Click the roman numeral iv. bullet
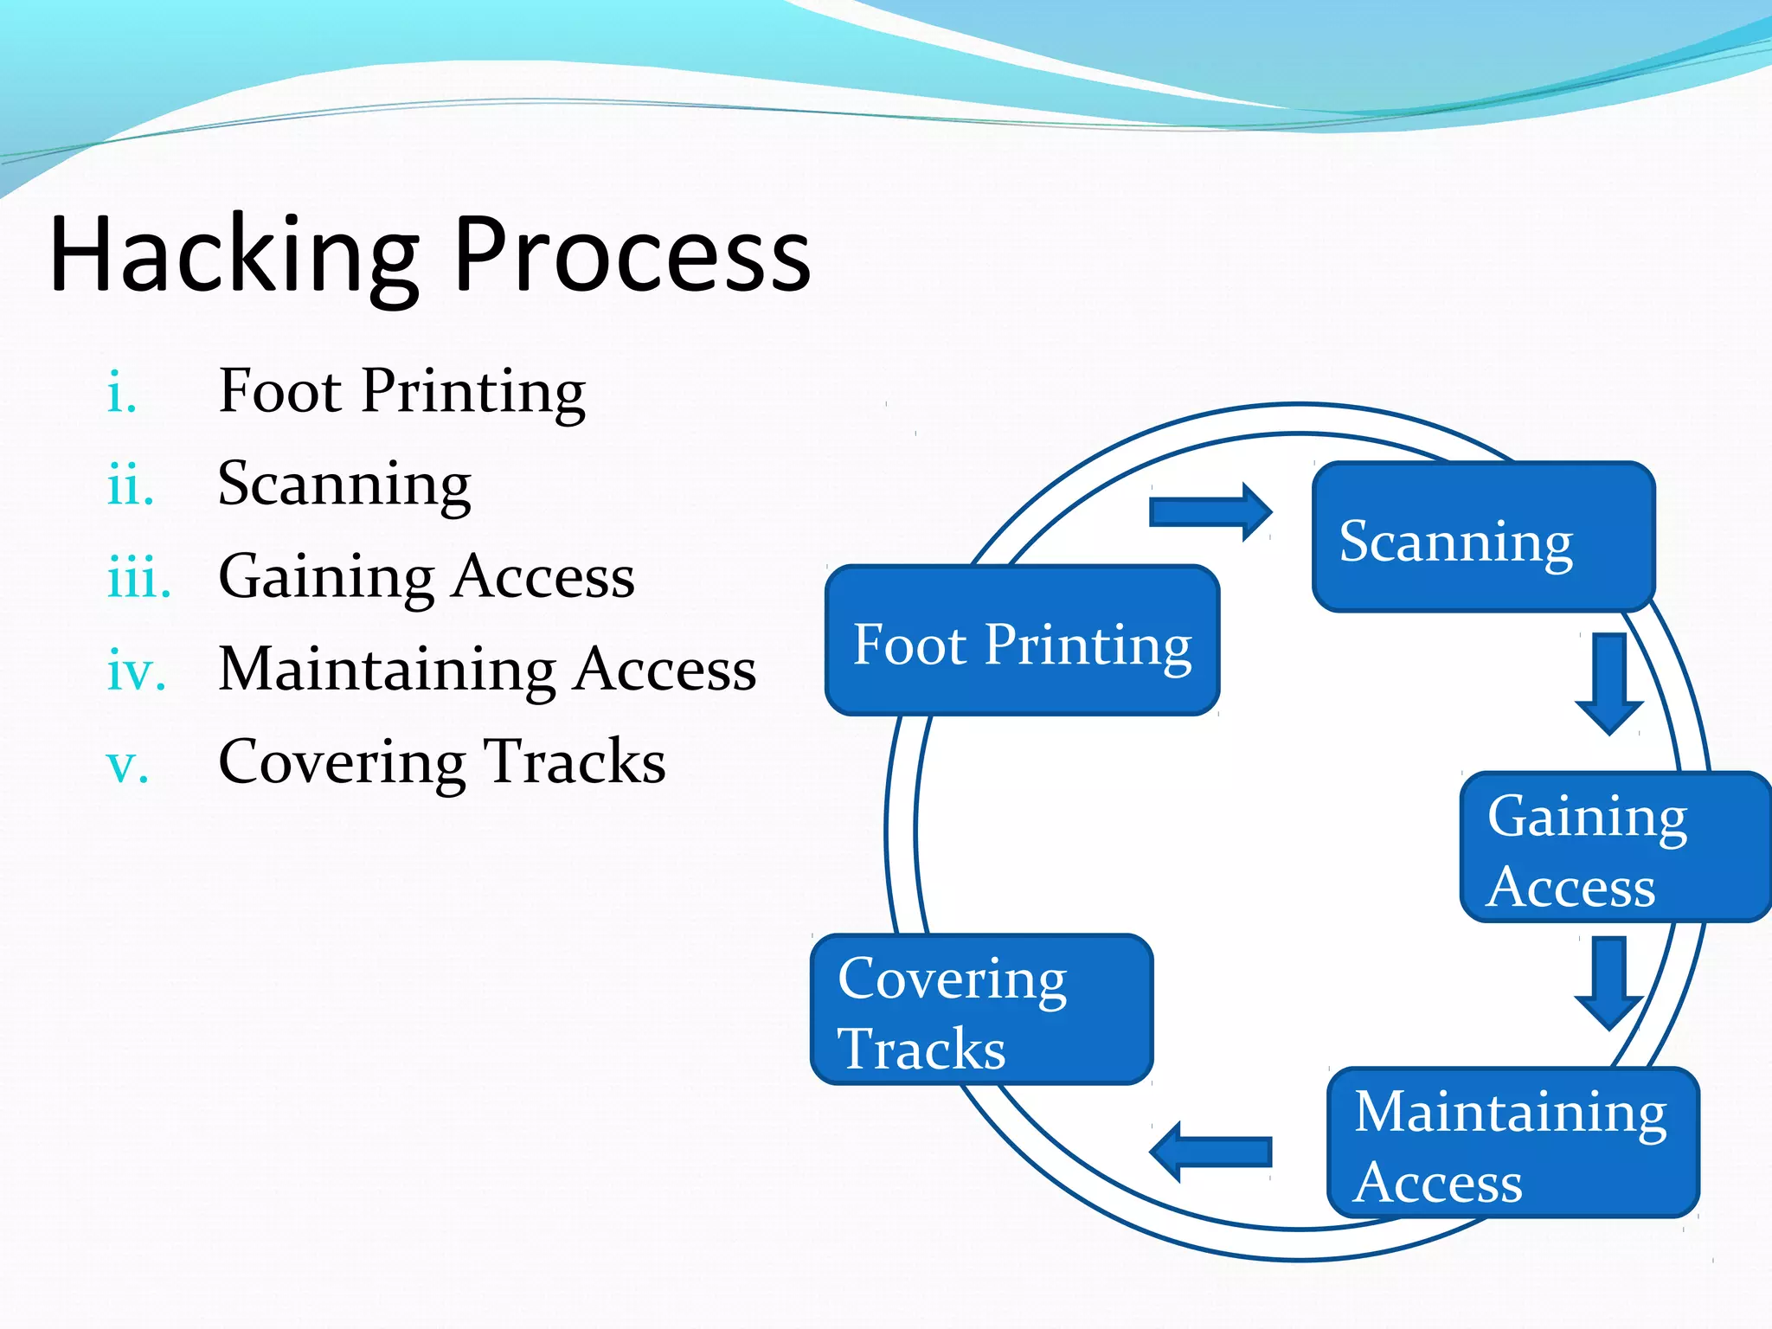136,671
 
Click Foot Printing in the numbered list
401,392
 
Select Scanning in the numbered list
344,485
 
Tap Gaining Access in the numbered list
427,577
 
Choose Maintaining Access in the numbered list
487,670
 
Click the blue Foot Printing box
1022,640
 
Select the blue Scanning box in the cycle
1483,537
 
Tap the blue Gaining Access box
1615,847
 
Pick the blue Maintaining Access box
1513,1143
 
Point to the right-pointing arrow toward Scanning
1210,512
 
